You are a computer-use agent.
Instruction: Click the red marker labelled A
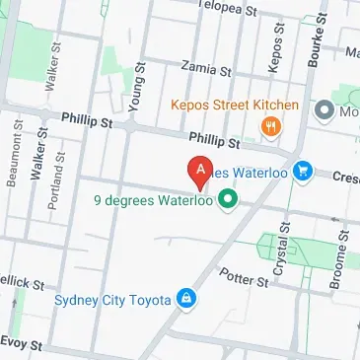click(200, 173)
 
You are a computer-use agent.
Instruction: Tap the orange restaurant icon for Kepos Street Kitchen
click(268, 125)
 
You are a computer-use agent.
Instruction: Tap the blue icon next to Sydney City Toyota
click(184, 299)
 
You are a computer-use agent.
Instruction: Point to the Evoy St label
click(21, 345)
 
